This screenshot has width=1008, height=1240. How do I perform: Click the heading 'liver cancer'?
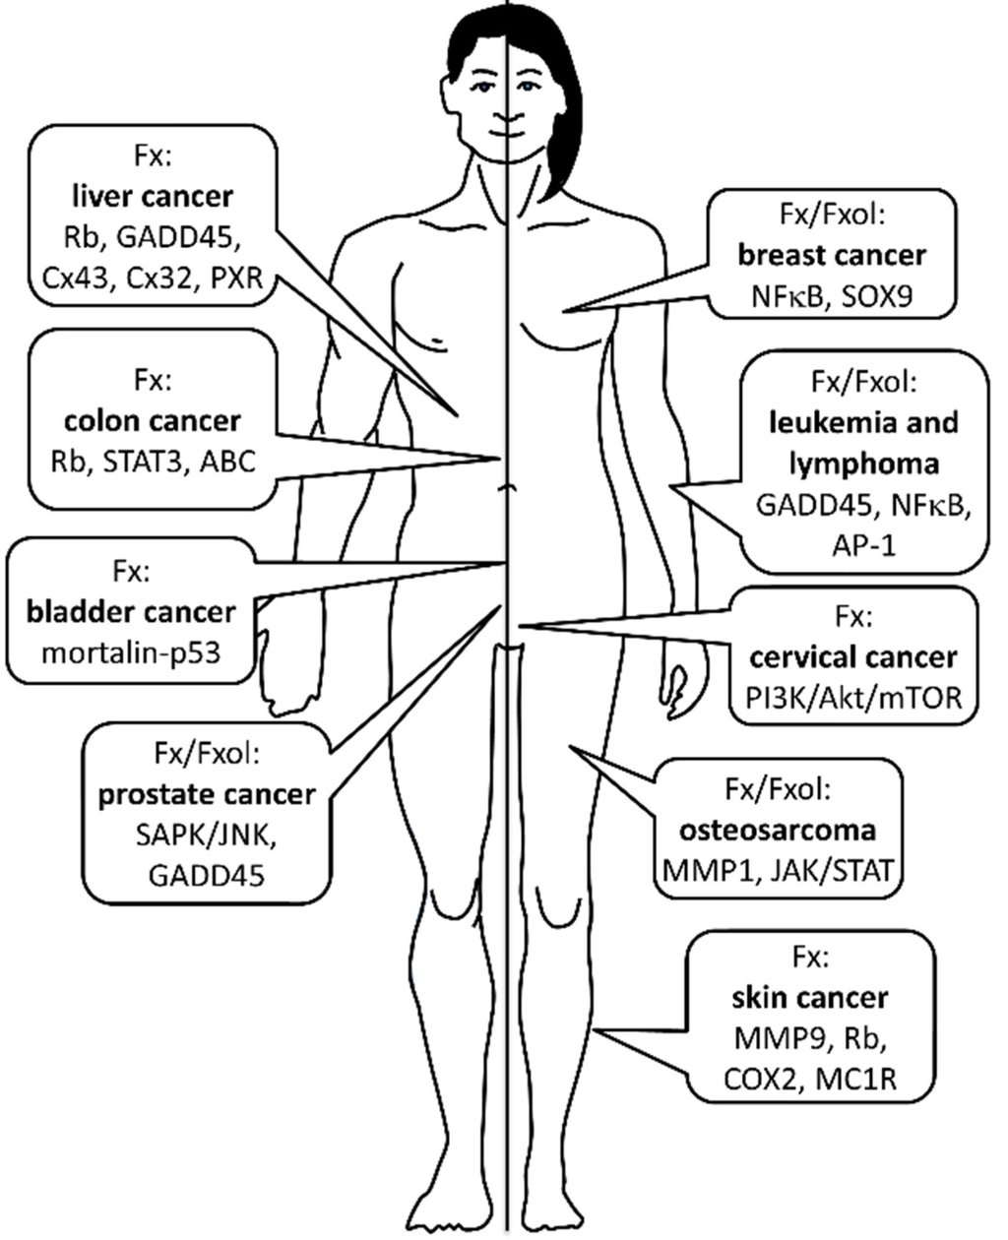click(152, 196)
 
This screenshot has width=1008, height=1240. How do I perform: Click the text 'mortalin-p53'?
click(132, 652)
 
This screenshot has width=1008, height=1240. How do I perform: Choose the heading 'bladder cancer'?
click(132, 612)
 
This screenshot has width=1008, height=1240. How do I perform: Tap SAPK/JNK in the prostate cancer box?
click(206, 837)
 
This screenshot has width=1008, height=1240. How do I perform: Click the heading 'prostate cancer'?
click(207, 794)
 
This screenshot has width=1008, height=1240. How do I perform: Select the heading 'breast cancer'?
click(832, 255)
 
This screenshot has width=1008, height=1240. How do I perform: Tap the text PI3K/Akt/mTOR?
click(852, 698)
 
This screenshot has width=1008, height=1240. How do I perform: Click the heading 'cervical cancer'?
click(852, 656)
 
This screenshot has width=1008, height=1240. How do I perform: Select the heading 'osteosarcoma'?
click(778, 829)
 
